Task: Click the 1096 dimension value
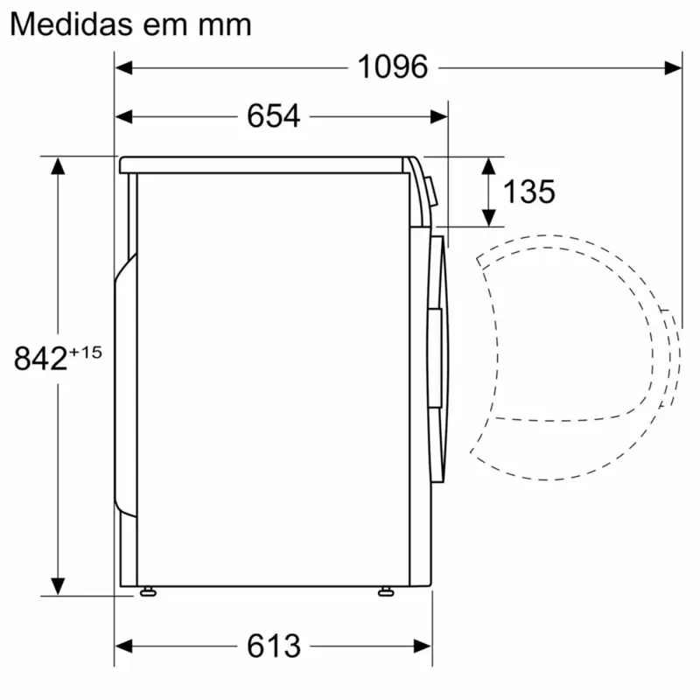392,66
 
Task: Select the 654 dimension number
273,115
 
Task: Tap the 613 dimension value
273,646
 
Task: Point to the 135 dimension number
528,191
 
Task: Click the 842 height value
40,359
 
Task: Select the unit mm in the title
224,25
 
